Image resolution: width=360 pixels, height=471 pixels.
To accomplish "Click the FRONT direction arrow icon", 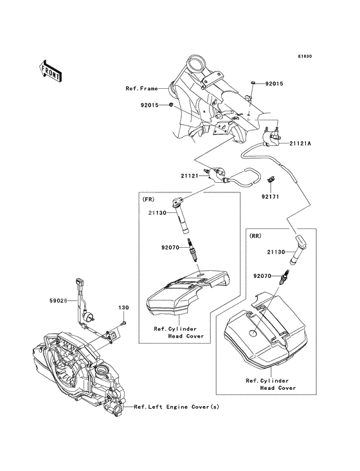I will (51, 69).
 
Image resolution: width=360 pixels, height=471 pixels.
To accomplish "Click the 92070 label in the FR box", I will (170, 246).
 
